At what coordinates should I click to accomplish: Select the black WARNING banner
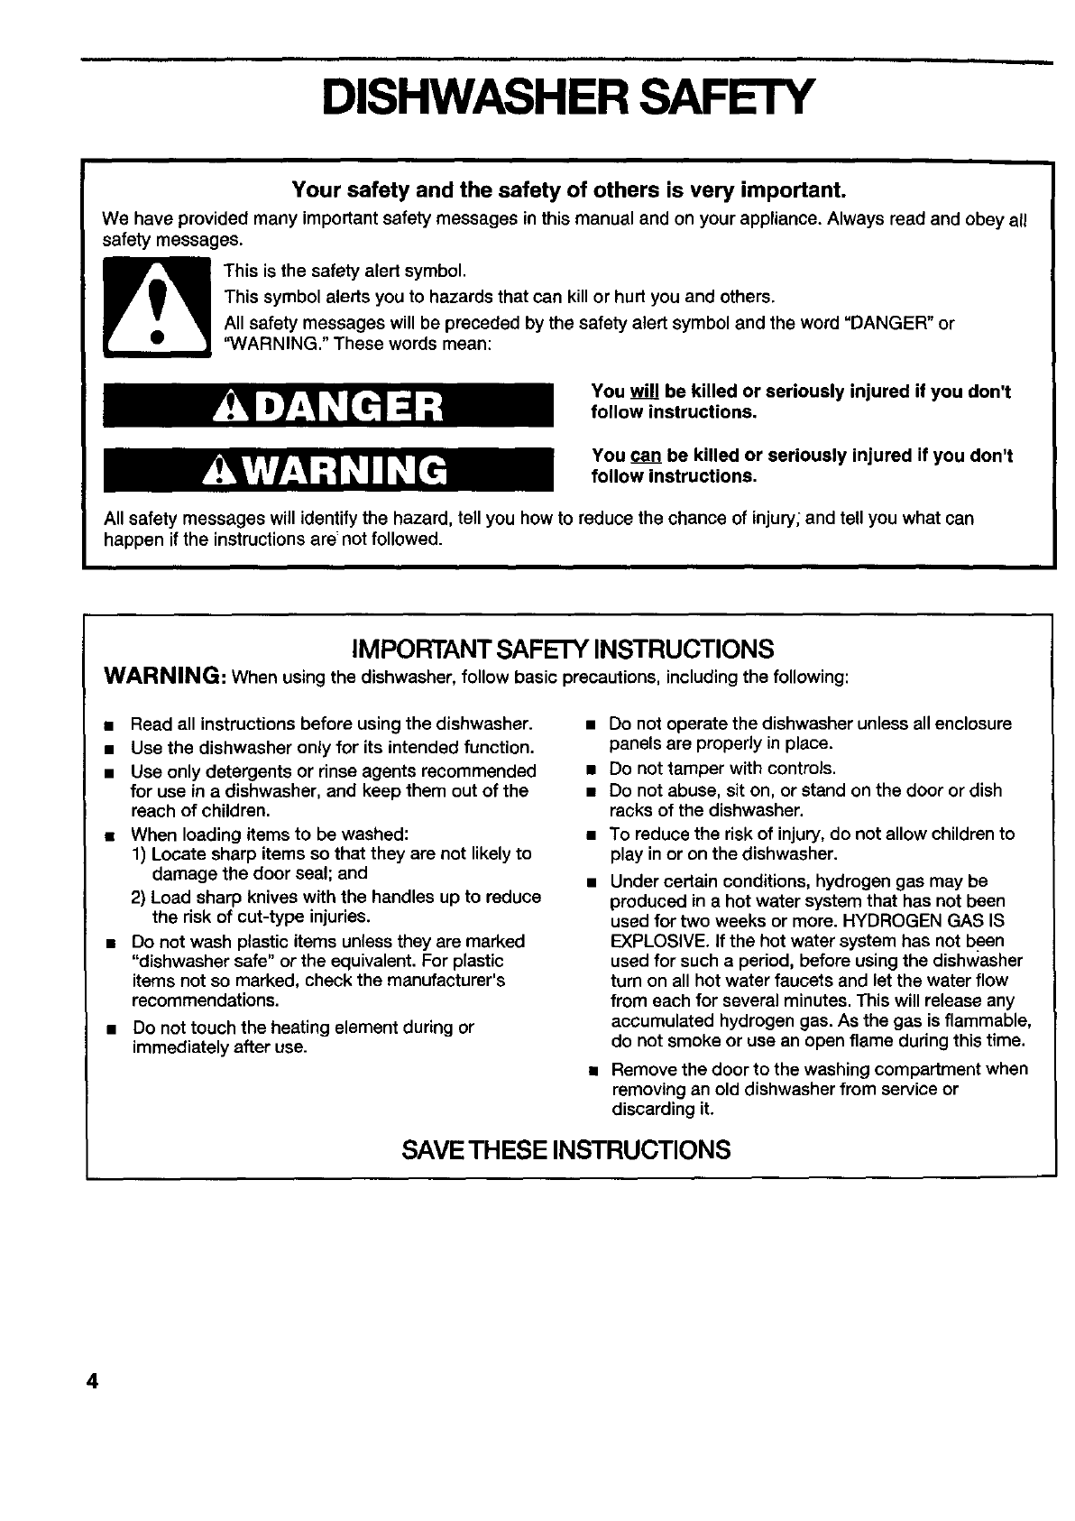pos(328,469)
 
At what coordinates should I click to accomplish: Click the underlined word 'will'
pos(645,392)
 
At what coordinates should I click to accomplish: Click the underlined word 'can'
pos(646,456)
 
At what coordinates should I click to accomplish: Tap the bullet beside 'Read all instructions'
pos(109,726)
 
